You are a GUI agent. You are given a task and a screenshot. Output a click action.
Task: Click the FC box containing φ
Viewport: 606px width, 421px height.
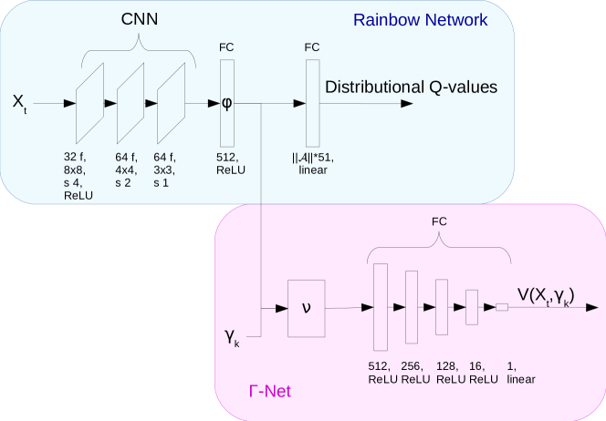tap(227, 102)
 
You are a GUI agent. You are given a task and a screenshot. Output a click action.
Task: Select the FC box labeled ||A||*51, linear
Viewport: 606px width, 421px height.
tap(313, 102)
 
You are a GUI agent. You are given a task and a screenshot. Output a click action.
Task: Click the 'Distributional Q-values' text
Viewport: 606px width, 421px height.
tap(411, 87)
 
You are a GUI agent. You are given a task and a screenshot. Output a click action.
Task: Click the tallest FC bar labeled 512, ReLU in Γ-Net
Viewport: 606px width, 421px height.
tap(381, 307)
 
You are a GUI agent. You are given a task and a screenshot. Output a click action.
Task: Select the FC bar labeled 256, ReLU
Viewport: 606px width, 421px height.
tap(411, 307)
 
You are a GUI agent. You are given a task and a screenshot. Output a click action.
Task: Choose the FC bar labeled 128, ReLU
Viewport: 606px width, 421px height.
tap(442, 307)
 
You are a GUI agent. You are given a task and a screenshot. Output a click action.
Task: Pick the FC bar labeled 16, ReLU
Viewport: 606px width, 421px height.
tap(472, 307)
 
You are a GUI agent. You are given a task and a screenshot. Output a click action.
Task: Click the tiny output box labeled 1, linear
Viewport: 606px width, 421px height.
tap(501, 308)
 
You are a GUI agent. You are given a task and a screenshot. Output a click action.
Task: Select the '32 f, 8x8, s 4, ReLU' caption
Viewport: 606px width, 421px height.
tap(78, 176)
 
